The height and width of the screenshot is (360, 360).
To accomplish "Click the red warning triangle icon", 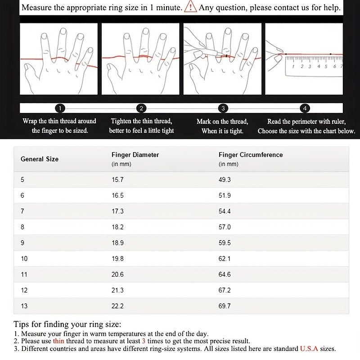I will coord(191,7).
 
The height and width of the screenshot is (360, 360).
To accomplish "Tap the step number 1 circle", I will coord(60,108).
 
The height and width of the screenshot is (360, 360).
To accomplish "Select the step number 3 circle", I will coord(223,108).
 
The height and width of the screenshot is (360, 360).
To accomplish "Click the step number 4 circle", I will coord(305,108).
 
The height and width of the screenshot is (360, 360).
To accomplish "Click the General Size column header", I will coord(40,159).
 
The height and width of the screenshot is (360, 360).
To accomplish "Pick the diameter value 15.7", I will coord(117,180).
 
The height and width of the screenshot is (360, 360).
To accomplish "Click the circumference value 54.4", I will coord(225,211).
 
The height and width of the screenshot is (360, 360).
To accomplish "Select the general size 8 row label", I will coord(22,227).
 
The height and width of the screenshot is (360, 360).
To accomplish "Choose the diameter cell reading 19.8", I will coord(117,258).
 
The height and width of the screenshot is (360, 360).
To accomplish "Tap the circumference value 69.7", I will coord(225,306).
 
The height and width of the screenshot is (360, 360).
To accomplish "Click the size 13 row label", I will coord(24,306).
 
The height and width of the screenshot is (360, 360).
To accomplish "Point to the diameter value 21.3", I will coord(117,290).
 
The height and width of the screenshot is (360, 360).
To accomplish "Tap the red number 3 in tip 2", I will coord(144,341).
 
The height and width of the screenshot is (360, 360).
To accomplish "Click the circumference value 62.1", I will coord(225,258).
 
